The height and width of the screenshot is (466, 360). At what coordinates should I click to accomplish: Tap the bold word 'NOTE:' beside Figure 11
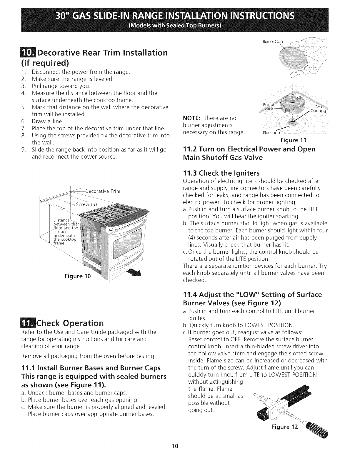point(192,118)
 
